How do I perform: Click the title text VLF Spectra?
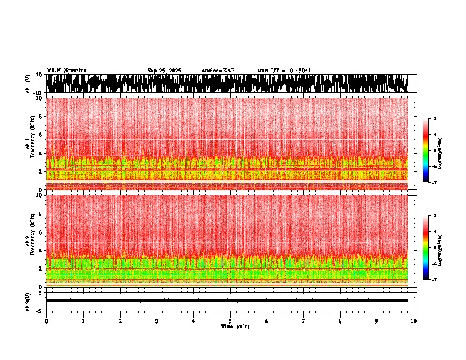click(66, 71)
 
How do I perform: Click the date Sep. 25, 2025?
click(164, 71)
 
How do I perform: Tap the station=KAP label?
click(218, 71)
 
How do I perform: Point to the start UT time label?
click(284, 71)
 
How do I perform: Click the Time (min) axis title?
click(235, 326)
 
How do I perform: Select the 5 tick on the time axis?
click(230, 321)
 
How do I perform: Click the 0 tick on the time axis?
click(46, 321)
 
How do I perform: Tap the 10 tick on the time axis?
click(414, 321)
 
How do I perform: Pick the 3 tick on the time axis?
click(157, 321)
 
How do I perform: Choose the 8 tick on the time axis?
click(340, 321)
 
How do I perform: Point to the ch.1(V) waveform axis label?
click(28, 84)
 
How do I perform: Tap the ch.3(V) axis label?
click(28, 301)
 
